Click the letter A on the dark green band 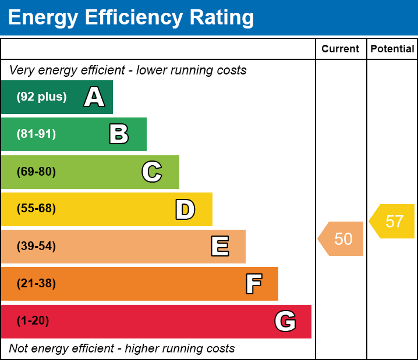coord(94,97)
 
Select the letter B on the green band coord(119,134)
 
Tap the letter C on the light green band coord(152,172)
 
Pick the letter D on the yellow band coord(185,209)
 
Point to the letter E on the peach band coord(219,247)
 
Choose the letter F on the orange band coord(253,284)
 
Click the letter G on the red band coord(285,321)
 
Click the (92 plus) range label coord(41,97)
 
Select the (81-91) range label coord(36,134)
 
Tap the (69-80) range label coord(36,172)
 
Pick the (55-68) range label coord(36,209)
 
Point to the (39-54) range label coord(36,247)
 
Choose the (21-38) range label coord(36,284)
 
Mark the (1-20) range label coord(33,321)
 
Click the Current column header coord(341,49)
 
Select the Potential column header coord(392,49)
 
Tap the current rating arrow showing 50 coord(342,239)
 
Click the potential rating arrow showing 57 coord(393,222)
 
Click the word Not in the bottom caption coord(18,348)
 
